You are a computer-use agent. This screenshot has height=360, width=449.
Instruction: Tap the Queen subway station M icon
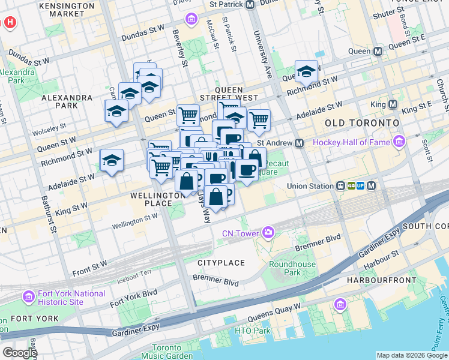[378, 52]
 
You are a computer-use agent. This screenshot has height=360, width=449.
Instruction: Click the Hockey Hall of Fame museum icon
[399, 142]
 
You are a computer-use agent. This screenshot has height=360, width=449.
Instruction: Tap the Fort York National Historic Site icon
[28, 297]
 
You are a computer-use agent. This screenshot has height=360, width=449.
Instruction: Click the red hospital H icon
[10, 23]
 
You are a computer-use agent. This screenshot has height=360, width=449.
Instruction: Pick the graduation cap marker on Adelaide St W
[112, 161]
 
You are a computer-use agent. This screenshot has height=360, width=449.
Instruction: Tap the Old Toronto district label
[361, 122]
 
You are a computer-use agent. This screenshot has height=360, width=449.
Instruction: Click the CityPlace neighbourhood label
[221, 263]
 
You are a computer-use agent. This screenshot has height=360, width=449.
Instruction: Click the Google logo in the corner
[19, 353]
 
